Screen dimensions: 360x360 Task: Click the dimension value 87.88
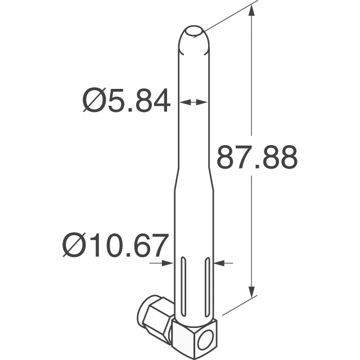pyautogui.click(x=256, y=158)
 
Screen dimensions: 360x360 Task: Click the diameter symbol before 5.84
pyautogui.click(x=94, y=102)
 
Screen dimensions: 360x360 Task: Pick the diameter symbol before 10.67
pyautogui.click(x=73, y=246)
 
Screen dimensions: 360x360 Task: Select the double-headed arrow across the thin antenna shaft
pyautogui.click(x=193, y=102)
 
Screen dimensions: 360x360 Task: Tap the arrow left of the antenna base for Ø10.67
pyautogui.click(x=164, y=262)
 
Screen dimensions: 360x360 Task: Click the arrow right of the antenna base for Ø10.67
pyautogui.click(x=224, y=262)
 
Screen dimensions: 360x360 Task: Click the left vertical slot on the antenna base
pyautogui.click(x=183, y=287)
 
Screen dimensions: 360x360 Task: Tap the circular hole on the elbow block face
pyautogui.click(x=206, y=340)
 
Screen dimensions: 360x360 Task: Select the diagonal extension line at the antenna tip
pyautogui.click(x=228, y=19)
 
